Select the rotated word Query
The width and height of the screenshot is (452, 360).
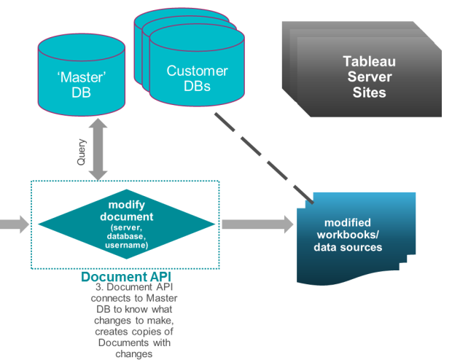pos(82,152)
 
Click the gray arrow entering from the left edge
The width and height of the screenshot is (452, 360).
pos(13,224)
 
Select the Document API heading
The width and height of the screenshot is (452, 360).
pos(126,277)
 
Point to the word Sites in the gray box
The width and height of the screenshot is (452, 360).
pos(369,93)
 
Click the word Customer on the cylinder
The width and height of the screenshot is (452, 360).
pos(197,71)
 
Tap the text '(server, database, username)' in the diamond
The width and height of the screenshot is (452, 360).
pos(127,236)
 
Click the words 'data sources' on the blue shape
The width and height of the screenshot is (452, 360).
pos(348,247)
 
